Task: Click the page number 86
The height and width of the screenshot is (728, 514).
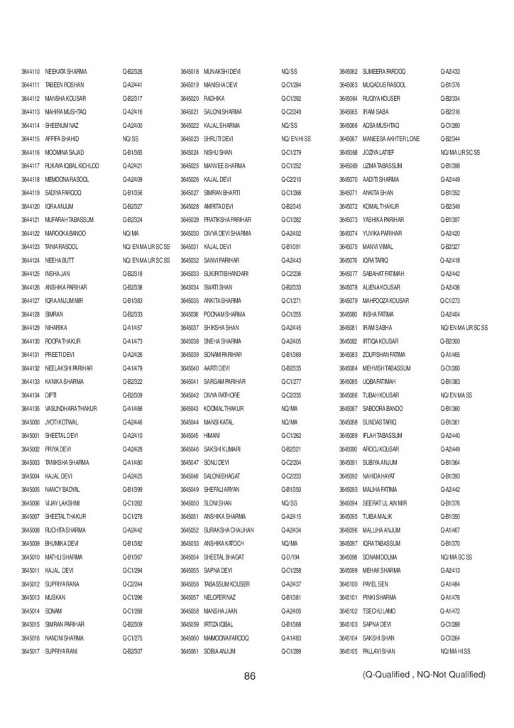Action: [x=249, y=676]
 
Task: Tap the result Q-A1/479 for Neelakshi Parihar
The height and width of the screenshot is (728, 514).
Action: [x=133, y=368]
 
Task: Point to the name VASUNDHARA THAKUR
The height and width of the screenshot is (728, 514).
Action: [x=71, y=408]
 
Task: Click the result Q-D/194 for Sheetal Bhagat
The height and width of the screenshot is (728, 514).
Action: [x=291, y=557]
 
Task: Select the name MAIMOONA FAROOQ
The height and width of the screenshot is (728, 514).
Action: [x=226, y=638]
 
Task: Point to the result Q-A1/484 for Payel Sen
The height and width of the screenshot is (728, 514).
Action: [x=450, y=584]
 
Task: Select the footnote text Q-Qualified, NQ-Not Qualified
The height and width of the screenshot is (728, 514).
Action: [x=423, y=674]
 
